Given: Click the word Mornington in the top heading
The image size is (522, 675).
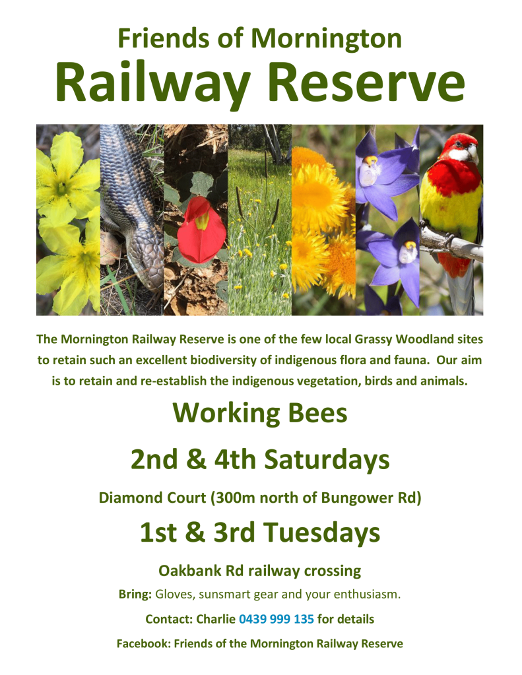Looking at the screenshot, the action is coord(326,38).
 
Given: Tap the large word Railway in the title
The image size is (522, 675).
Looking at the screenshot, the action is coord(153,83).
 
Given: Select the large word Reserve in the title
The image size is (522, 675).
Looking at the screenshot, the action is coord(366,82).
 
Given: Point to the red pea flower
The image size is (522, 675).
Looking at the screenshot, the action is coord(201,230).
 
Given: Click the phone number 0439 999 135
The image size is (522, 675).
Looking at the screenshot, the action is coord(277,619).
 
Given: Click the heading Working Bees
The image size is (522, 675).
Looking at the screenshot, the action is coord(260,413).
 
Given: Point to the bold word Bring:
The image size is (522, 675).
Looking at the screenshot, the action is coord(135,595).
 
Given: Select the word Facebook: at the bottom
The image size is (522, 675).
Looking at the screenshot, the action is coord(144,643).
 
